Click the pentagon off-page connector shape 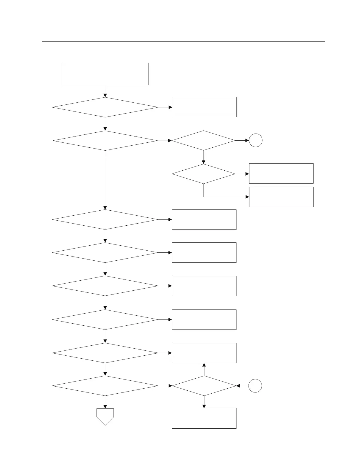(x=105, y=416)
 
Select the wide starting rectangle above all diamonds (x=105, y=74)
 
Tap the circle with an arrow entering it (x=256, y=141)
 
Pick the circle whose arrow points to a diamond (x=255, y=386)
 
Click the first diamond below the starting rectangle (x=105, y=107)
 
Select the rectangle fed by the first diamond (x=204, y=107)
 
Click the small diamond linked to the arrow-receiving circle (x=204, y=141)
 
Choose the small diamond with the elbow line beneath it (x=204, y=174)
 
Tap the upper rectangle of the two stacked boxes (x=281, y=173)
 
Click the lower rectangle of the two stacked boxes (x=281, y=197)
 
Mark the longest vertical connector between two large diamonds (x=105, y=179)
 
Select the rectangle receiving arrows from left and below (x=204, y=353)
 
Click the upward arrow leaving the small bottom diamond (x=204, y=370)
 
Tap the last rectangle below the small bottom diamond (x=204, y=418)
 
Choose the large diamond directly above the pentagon (x=105, y=386)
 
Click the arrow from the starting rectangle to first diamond (x=105, y=91)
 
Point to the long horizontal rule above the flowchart (x=184, y=42)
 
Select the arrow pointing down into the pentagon (x=105, y=402)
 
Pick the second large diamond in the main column (x=105, y=141)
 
